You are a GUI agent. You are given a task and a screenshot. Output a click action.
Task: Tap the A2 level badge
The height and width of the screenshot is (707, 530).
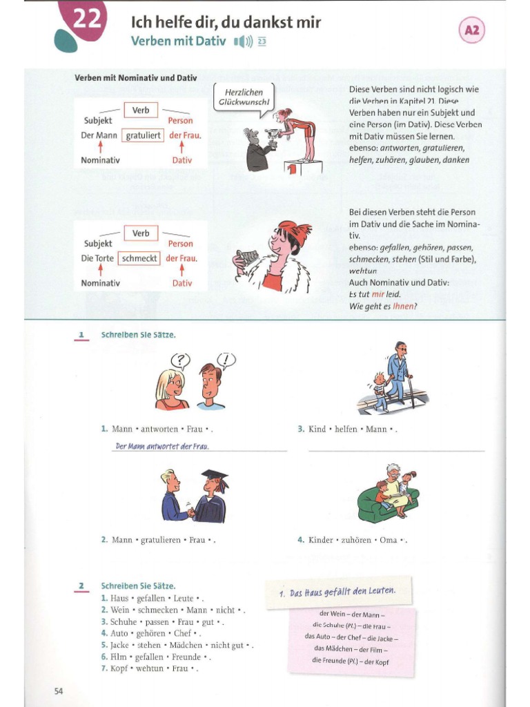tap(472, 30)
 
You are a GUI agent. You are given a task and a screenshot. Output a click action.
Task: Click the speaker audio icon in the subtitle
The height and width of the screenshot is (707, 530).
tap(242, 42)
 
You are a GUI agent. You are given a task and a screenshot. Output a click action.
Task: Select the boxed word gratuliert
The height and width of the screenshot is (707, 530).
tap(143, 135)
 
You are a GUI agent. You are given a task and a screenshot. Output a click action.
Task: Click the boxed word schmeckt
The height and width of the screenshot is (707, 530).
tap(139, 258)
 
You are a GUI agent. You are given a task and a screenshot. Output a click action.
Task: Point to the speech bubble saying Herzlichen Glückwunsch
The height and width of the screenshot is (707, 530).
tap(246, 97)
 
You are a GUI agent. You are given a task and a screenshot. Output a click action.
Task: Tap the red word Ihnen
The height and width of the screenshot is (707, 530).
tap(403, 305)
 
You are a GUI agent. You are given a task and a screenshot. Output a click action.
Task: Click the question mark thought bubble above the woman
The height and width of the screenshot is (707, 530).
tap(180, 360)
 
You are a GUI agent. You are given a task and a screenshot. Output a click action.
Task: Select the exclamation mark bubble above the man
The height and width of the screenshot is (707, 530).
tap(226, 359)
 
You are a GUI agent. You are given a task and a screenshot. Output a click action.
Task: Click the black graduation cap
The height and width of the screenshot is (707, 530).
tap(214, 476)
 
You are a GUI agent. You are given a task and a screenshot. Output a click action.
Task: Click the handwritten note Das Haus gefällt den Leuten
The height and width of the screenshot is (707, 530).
tap(337, 592)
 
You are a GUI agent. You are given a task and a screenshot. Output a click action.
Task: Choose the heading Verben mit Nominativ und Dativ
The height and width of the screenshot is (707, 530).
tap(135, 78)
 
